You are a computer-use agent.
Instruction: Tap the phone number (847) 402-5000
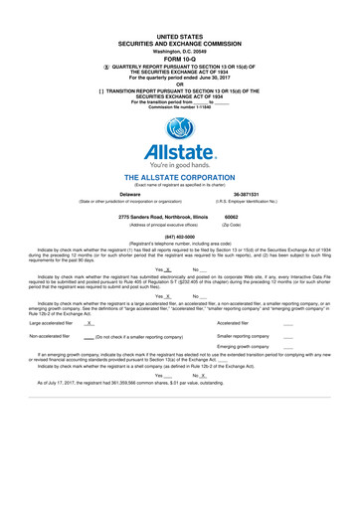click(x=180, y=237)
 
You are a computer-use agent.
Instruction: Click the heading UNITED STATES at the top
click(x=180, y=35)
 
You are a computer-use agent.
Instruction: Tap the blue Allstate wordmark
click(x=180, y=153)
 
